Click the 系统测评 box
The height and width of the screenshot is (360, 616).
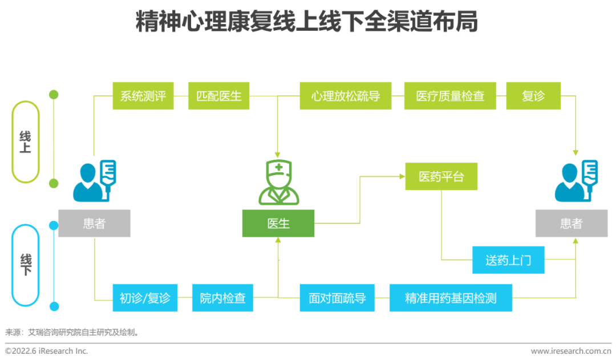143,96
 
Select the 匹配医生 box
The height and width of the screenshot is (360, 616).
219,96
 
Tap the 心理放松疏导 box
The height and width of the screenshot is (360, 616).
346,96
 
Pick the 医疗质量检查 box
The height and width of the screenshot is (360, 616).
450,96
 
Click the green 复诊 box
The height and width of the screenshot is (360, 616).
533,96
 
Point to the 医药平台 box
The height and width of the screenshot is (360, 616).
441,177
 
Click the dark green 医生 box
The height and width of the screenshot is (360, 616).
278,224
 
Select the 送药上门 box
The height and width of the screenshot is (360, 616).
508,260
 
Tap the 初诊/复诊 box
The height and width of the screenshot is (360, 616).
145,298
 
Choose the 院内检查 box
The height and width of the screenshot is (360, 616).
222,298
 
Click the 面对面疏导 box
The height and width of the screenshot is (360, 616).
338,298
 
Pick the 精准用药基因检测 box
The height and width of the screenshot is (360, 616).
451,298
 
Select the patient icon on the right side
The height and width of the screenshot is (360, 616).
576,181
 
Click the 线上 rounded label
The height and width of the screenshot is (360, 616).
26,142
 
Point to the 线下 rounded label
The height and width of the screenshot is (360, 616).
26,265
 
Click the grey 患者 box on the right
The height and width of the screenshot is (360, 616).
571,224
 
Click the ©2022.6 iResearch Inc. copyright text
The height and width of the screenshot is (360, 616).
47,351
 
